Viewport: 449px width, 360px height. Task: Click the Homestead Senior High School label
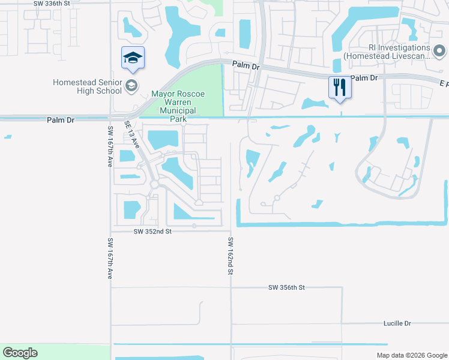87,86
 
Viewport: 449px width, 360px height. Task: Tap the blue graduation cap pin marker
133,58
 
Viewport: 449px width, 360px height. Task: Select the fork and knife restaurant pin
339,87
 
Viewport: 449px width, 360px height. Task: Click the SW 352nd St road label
152,231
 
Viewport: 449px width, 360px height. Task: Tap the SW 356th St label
287,288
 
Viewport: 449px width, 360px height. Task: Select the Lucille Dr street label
397,323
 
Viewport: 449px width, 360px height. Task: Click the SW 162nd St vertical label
231,256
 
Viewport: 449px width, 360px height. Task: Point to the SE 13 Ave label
132,134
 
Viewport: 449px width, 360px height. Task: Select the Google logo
20,353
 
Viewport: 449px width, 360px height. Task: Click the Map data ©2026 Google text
411,355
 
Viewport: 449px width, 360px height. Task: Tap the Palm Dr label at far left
60,120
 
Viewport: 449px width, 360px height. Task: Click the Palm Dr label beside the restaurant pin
364,78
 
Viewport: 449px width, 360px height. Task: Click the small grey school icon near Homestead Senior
131,86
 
